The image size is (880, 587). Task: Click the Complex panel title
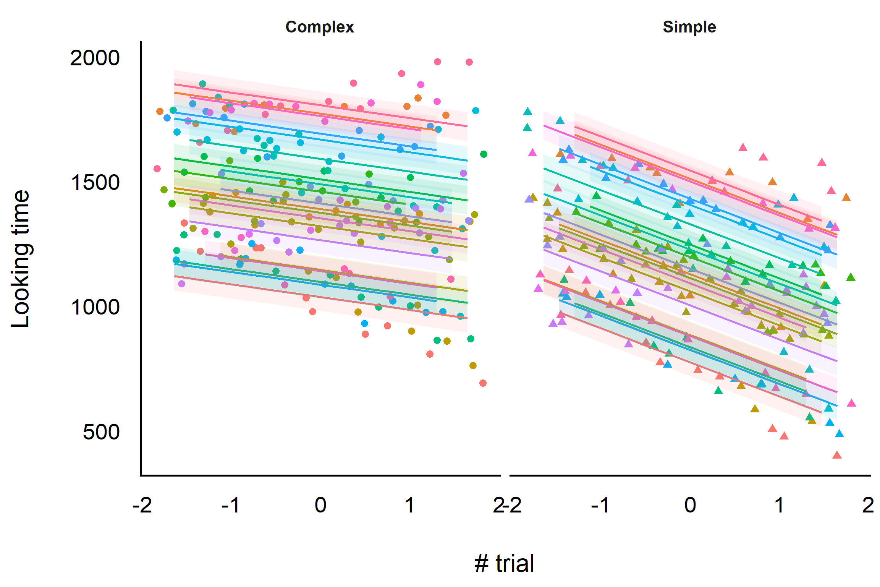coord(320,27)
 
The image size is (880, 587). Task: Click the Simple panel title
coord(689,27)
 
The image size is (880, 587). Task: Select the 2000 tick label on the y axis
coord(95,58)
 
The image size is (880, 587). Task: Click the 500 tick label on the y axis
coord(101,432)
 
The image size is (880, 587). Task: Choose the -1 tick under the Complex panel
coord(231,505)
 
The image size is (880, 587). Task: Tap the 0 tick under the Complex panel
coord(320,505)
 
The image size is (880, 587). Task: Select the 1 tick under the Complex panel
coord(409,505)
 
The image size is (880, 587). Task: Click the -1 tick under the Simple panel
coord(600,505)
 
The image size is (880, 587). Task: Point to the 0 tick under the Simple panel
coord(690,505)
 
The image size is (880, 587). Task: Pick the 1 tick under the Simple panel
coord(779,505)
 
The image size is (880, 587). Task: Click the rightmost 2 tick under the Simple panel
coord(868,505)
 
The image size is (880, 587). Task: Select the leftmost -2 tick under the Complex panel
coord(142,505)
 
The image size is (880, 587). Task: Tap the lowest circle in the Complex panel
coord(483,383)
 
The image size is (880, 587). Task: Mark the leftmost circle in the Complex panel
coord(157,169)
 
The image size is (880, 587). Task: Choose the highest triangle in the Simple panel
coord(527,112)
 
